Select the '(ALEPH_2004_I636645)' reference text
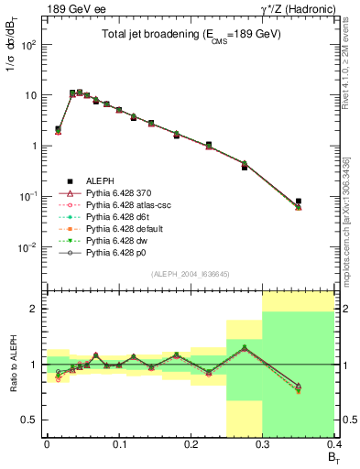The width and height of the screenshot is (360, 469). coord(191,275)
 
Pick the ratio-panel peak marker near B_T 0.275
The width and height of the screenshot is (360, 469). coord(245,348)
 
